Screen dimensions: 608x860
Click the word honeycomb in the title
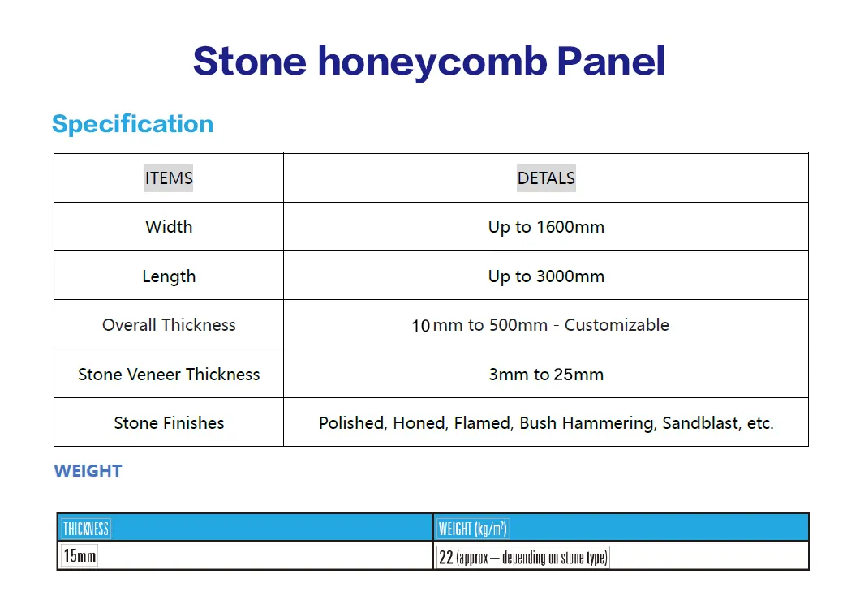point(432,62)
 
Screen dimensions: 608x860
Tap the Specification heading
point(132,124)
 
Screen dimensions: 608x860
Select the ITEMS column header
point(169,178)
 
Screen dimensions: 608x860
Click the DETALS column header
point(546,178)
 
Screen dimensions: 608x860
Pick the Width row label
point(169,227)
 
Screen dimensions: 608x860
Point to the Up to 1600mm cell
point(546,227)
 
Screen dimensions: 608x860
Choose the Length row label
point(169,276)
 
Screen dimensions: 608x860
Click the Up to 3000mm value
point(546,276)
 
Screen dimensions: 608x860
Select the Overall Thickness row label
point(169,325)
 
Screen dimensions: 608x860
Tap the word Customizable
point(617,325)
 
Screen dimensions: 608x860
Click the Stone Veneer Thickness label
point(169,375)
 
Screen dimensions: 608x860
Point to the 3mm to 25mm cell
point(546,375)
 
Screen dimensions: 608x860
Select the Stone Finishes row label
point(169,423)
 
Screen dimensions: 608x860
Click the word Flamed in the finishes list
point(482,423)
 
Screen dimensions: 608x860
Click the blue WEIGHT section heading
point(88,471)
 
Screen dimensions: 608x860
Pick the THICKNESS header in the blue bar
point(85,529)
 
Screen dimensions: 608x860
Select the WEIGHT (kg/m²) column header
point(472,529)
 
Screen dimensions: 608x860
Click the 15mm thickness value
point(80,557)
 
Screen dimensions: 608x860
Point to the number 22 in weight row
point(445,557)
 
